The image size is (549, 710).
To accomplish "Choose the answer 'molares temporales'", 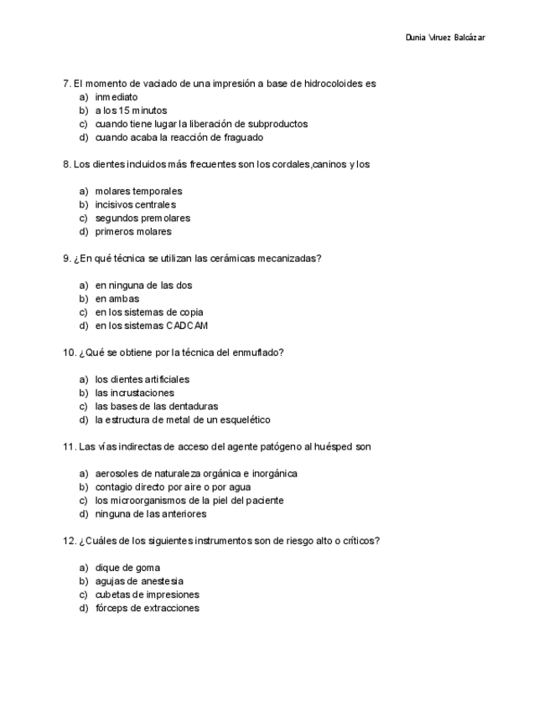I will coord(138,192).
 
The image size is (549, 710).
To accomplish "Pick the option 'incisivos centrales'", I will coord(135,205).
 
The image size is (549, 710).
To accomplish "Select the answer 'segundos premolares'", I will coord(142,219).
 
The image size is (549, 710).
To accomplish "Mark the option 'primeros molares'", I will coord(132,232).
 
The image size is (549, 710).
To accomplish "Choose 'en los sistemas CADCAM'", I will coord(151,326).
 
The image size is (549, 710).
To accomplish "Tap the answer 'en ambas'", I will coord(117,299).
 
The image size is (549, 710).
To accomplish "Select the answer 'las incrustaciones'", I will coord(134,393).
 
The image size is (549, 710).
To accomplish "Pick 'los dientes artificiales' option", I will coord(142,379).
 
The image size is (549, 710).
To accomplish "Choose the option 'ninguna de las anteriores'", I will coord(150,514).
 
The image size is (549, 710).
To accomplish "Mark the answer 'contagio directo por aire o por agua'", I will coord(173,487).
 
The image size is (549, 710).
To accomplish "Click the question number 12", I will coord(70,541).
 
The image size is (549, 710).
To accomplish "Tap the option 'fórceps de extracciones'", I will coord(147,608).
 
